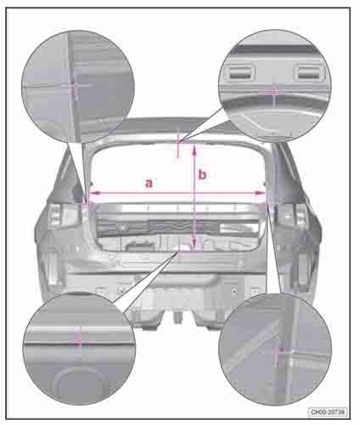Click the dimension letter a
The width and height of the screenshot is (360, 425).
pos(149,183)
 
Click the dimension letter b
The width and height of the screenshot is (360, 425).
pos(202,174)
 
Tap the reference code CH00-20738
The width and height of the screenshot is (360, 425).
pos(328,411)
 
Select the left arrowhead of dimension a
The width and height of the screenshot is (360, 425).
pos(94,193)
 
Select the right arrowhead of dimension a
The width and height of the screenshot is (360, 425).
pos(260,193)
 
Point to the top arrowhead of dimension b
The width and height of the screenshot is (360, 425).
pos(194,150)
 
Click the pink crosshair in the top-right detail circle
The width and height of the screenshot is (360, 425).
pos(273,91)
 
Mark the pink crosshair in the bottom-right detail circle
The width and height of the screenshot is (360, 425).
pos(278,354)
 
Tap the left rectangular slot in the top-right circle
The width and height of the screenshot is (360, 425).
pos(240,72)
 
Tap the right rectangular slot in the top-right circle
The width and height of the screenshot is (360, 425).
pos(308,72)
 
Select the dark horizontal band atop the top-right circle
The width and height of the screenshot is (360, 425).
pos(274,49)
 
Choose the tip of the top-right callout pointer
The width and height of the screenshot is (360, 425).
pos(179,142)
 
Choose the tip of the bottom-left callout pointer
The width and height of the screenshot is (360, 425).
pos(179,251)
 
